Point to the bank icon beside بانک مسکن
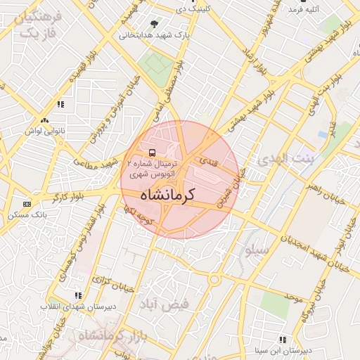coord(27,203)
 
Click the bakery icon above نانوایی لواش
coord(45,121)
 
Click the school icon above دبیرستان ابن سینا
coord(283,339)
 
